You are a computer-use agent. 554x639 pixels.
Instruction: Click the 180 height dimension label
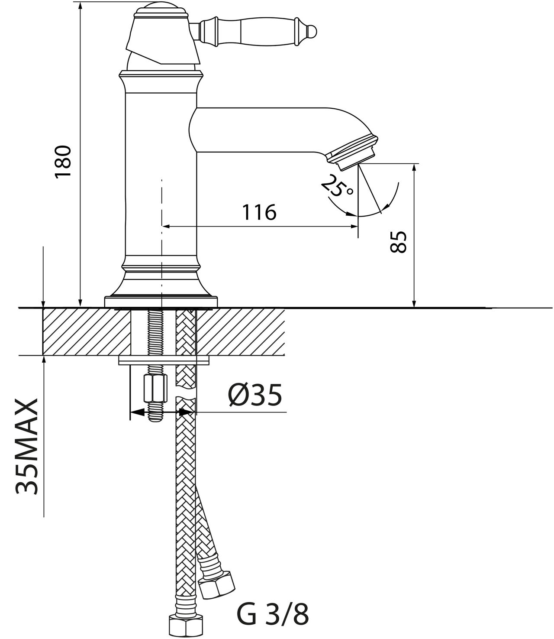pos(63,162)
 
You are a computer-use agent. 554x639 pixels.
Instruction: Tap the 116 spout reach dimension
pos(259,212)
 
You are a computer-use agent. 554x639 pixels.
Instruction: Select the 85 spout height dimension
pos(398,242)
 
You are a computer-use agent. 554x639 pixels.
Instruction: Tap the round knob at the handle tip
pos(312,32)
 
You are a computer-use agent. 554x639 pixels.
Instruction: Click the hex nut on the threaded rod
pos(155,389)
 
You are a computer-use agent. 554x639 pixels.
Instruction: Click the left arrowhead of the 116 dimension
pos(166,226)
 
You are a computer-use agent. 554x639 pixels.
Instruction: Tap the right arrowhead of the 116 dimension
pos(354,226)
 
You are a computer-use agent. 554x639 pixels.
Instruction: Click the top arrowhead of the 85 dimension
pos(414,167)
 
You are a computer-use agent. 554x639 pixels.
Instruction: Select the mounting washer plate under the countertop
pos(164,360)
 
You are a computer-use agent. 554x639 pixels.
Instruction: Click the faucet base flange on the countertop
pos(161,302)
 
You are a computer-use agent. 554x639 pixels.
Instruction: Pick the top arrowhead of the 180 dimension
pos(80,6)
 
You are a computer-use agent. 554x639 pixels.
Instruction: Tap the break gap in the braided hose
pos(186,393)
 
